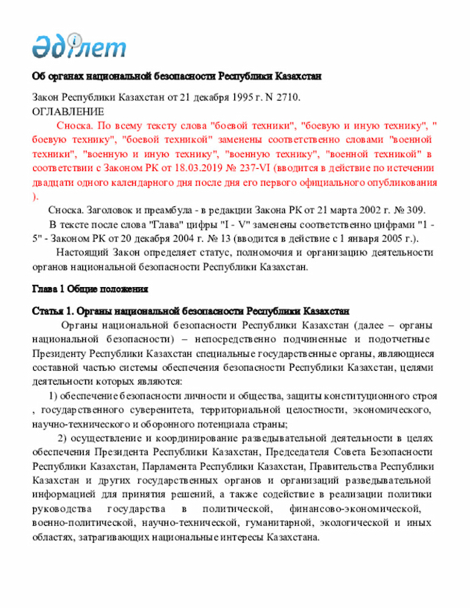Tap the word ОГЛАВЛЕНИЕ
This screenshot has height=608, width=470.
click(68, 112)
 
